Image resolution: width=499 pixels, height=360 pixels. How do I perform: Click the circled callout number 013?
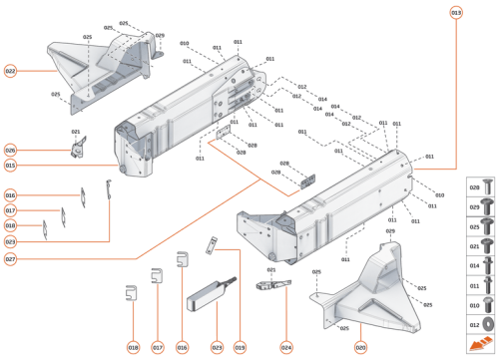[x=456, y=12]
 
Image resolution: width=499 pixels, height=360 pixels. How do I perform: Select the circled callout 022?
[x=10, y=71]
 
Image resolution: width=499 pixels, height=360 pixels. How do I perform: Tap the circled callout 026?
[x=10, y=150]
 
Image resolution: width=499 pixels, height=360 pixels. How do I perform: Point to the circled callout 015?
[x=10, y=165]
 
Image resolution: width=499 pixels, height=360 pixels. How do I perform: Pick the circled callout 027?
[x=10, y=259]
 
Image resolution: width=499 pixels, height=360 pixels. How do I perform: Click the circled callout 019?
[x=239, y=348]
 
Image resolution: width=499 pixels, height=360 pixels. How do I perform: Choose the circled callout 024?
[x=286, y=348]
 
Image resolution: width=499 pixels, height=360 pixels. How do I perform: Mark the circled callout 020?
[x=360, y=348]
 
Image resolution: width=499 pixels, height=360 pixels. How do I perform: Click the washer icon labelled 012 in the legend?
[x=476, y=325]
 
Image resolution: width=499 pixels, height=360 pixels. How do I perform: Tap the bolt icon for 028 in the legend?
[x=476, y=187]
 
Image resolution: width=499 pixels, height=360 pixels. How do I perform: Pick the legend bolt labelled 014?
[x=476, y=267]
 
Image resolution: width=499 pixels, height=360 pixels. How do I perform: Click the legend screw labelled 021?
[x=476, y=246]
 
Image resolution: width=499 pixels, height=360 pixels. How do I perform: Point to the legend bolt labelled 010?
[x=476, y=306]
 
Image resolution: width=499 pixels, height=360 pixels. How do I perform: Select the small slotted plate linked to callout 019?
[x=241, y=244]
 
